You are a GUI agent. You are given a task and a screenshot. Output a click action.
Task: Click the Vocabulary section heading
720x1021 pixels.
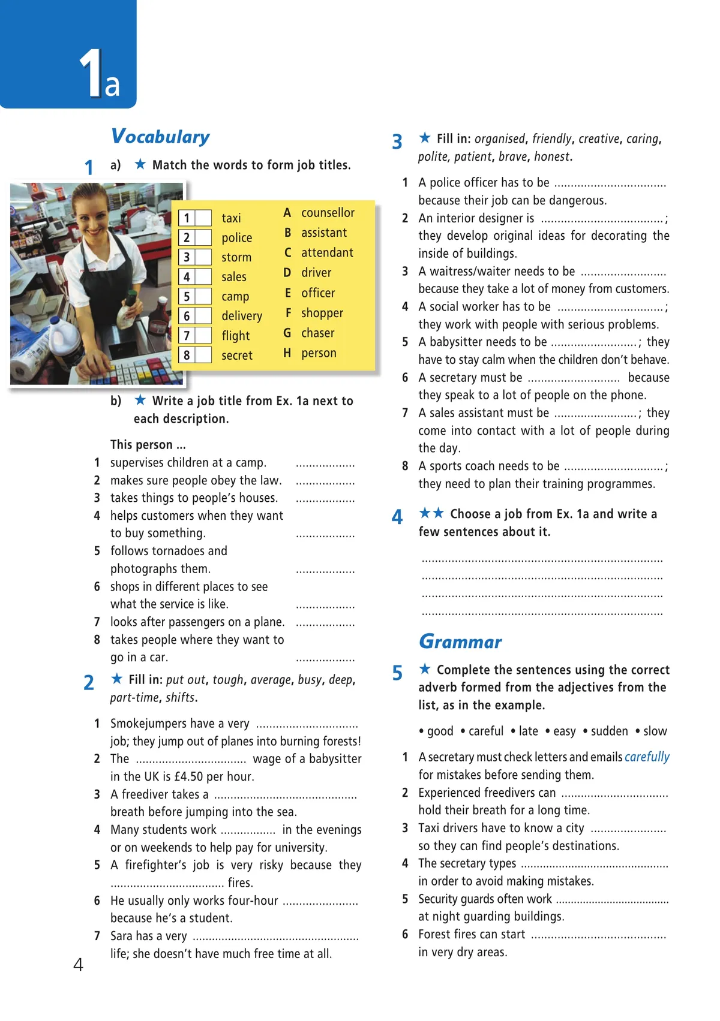pos(160,137)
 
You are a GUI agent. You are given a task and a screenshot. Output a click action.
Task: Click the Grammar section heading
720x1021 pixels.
pos(460,641)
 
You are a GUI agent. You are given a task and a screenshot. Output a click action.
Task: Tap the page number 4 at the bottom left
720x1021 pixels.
pos(78,965)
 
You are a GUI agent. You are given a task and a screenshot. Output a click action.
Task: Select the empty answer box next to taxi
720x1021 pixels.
pos(203,218)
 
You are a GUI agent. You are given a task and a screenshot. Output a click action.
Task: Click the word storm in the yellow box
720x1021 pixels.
pos(236,257)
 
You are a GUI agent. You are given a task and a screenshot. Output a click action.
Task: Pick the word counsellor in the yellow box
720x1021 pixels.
pos(328,213)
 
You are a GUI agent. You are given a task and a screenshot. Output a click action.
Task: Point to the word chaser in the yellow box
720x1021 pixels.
pos(317,333)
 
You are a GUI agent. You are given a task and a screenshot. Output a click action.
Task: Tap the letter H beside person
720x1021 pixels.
pos(287,353)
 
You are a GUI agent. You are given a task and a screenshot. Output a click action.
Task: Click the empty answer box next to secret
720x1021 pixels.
pos(203,355)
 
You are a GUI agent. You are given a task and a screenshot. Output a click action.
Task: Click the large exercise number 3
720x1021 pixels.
pos(397,142)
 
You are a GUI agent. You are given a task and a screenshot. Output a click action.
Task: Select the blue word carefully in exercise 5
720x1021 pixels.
pos(647,757)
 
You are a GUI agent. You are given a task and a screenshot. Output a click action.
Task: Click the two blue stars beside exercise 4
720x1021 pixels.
pos(431,513)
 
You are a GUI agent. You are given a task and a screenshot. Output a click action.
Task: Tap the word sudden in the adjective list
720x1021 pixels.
pos(609,731)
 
